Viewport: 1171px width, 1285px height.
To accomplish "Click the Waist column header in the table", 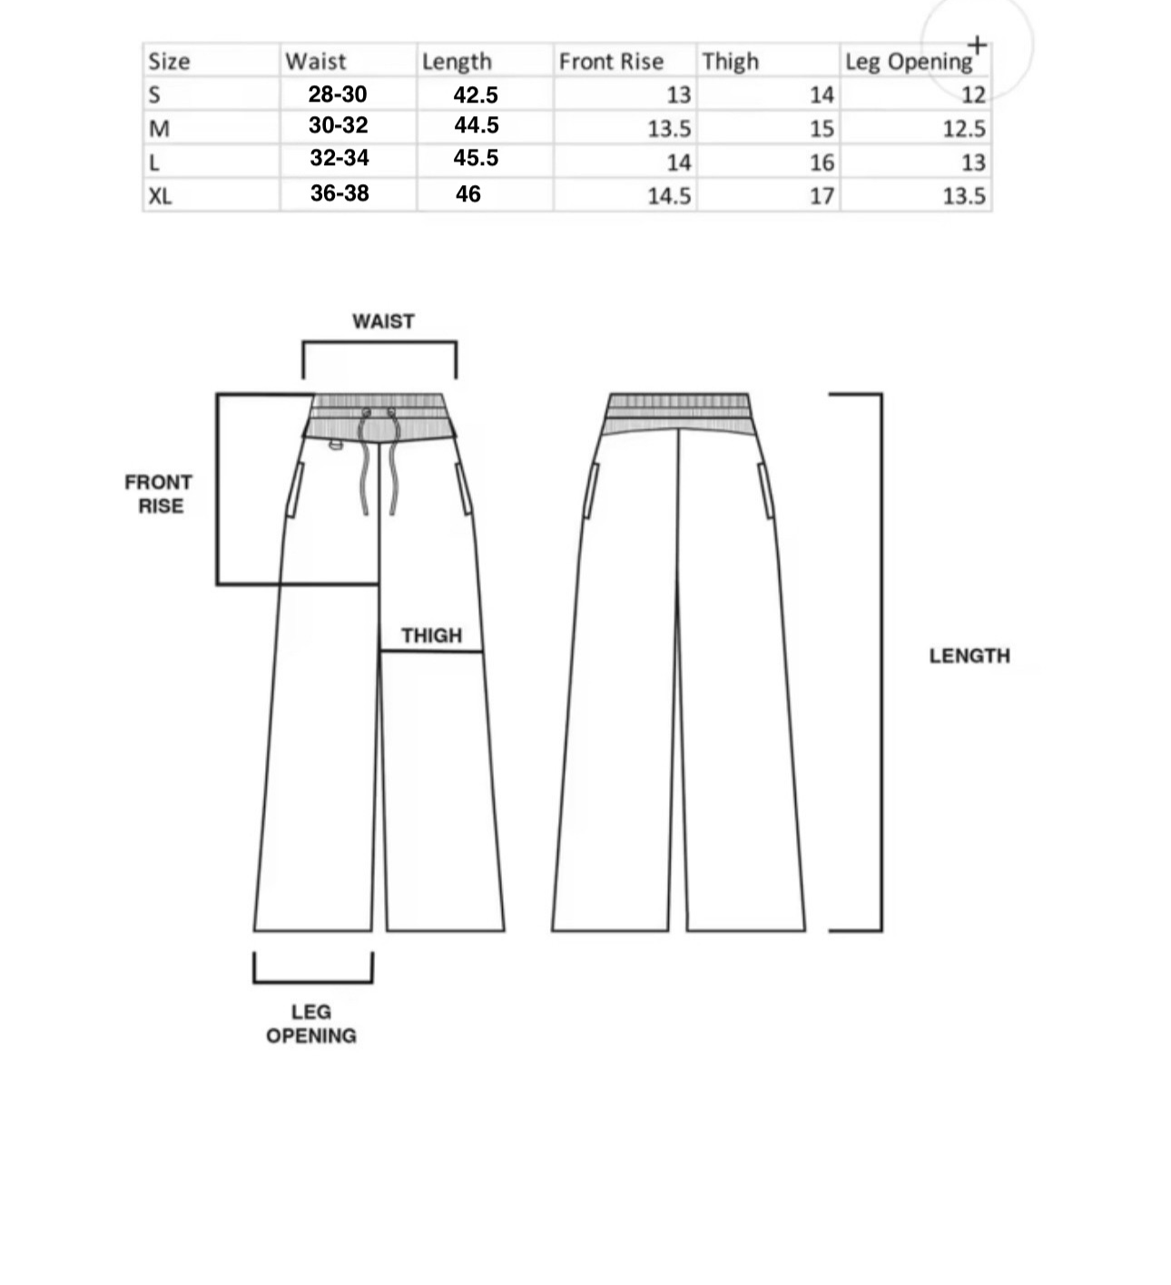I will click(315, 62).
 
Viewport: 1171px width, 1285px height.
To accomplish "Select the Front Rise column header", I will click(611, 62).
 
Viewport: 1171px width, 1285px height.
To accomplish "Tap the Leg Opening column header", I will click(908, 62).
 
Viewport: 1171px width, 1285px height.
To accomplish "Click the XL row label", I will click(160, 196).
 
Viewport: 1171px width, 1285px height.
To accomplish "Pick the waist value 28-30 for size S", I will click(337, 94).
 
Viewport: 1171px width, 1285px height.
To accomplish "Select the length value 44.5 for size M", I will click(476, 125).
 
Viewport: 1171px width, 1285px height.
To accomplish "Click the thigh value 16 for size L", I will click(822, 162).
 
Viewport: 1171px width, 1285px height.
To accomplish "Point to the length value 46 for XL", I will click(467, 194).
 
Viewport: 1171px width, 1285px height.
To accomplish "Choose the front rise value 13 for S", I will click(678, 95).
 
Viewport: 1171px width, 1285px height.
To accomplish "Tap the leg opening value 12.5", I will click(963, 129).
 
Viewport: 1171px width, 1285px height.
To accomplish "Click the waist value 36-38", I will click(339, 193).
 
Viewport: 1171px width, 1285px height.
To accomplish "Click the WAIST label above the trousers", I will click(383, 321).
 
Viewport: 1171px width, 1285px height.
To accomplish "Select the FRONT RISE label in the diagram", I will click(159, 494).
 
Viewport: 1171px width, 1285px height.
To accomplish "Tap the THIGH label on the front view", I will click(431, 635).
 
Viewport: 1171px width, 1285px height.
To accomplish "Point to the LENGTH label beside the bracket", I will click(969, 656).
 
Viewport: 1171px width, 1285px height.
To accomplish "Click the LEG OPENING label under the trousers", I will click(311, 1024).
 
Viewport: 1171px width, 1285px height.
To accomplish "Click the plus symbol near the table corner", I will click(977, 44).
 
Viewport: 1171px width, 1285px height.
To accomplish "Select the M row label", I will click(159, 129).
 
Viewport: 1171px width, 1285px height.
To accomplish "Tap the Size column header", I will click(169, 62).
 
